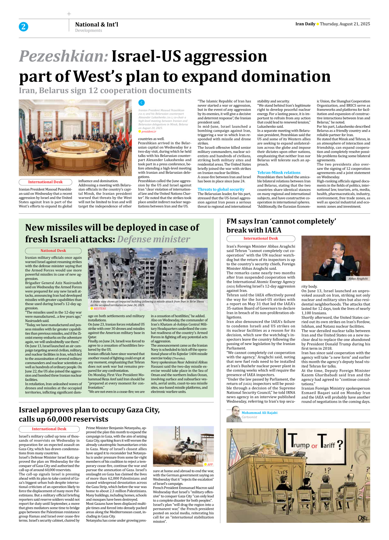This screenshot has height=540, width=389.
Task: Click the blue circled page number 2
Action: (23, 27)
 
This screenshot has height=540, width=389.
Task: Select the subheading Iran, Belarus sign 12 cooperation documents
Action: (105, 91)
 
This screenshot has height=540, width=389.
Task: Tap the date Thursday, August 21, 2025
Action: (345, 24)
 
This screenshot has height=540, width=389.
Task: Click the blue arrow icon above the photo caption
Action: (141, 102)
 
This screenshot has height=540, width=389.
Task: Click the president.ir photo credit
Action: (148, 131)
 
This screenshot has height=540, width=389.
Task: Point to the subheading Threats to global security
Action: (221, 189)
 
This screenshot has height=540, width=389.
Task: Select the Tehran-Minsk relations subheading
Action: (279, 173)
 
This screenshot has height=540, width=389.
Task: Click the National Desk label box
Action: (53, 251)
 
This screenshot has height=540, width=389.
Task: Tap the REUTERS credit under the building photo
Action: (100, 309)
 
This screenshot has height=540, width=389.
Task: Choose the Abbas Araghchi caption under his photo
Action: (358, 279)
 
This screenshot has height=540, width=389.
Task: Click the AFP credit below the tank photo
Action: (210, 464)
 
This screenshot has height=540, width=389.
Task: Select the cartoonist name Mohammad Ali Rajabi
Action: (259, 413)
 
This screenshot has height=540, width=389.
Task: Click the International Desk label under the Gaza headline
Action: (49, 429)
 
